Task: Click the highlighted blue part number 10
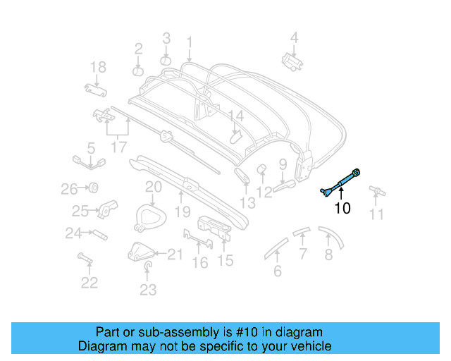tap(340, 182)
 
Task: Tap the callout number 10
tap(342, 208)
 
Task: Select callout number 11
tap(377, 214)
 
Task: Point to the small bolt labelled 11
tap(376, 190)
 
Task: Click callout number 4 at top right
tap(295, 37)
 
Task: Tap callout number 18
tap(98, 68)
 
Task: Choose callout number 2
tap(139, 49)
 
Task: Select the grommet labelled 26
tap(91, 188)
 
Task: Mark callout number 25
tap(80, 210)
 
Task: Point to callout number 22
tap(89, 283)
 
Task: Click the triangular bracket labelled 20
tap(148, 215)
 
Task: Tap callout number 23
tap(148, 289)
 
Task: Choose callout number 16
tap(200, 262)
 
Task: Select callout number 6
tap(278, 271)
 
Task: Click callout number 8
tap(328, 255)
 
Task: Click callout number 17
tap(118, 147)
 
